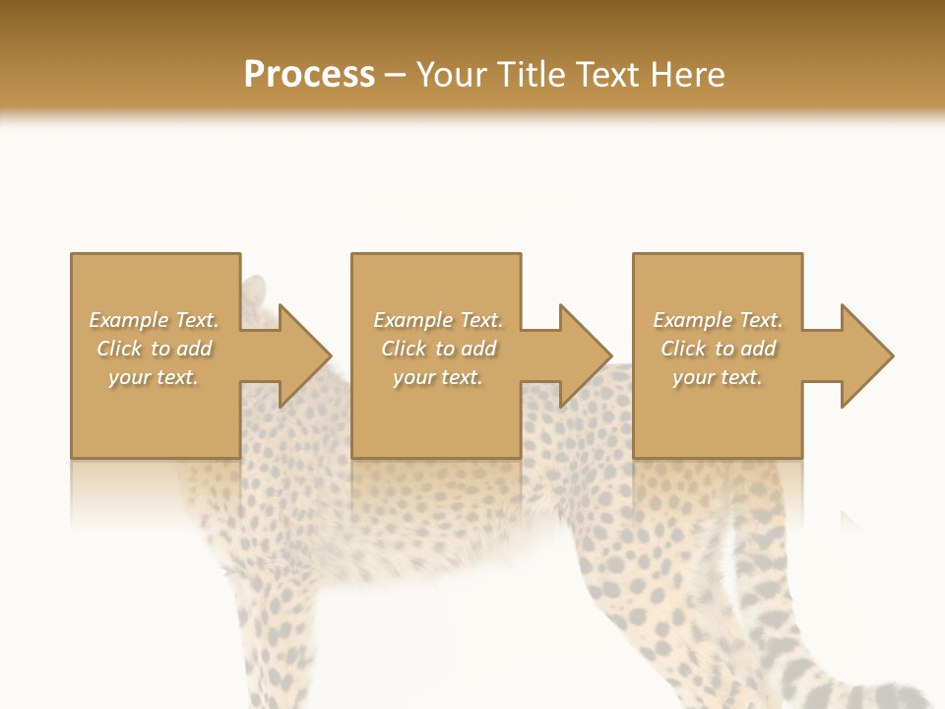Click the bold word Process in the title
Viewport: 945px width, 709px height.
click(x=309, y=75)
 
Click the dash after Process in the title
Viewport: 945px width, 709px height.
click(x=396, y=76)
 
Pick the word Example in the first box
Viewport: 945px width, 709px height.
click(x=128, y=320)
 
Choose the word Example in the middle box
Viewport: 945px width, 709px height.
click(x=412, y=320)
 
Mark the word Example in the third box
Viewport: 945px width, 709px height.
click(x=692, y=320)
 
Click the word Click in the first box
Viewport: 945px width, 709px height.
click(x=119, y=349)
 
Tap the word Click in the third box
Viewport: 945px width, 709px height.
click(x=683, y=349)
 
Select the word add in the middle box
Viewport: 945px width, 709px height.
click(x=478, y=349)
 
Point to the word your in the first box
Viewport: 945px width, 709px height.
click(x=129, y=377)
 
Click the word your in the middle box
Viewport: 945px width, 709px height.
click(x=413, y=377)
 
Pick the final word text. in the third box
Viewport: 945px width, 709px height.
click(x=741, y=377)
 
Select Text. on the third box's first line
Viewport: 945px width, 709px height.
click(x=761, y=320)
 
